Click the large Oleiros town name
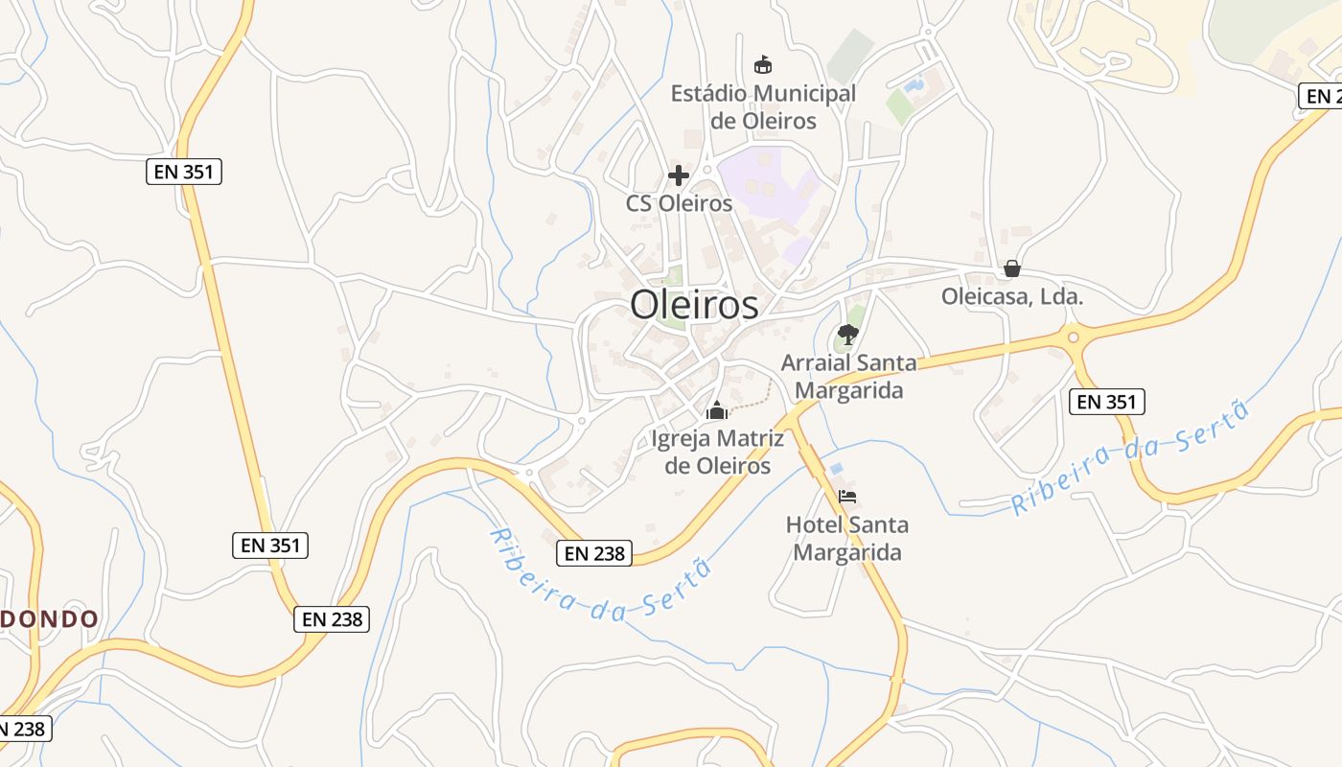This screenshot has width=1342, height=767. (x=694, y=305)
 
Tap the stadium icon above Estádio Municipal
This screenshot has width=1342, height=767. (x=762, y=65)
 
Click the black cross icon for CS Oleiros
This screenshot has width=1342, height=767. (x=679, y=175)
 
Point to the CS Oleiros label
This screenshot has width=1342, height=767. (x=679, y=203)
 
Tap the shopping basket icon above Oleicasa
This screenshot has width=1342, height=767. (x=1011, y=268)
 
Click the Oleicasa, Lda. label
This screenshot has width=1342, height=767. (x=1012, y=297)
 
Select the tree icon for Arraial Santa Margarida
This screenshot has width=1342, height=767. (x=846, y=335)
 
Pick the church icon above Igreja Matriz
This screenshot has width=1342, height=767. (x=717, y=411)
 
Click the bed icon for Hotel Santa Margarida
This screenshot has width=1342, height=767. (x=846, y=497)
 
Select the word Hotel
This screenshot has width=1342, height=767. (x=813, y=524)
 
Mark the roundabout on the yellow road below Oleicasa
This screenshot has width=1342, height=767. (x=1073, y=337)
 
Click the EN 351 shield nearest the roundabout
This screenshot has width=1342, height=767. (x=1107, y=402)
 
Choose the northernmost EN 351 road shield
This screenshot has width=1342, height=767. (x=184, y=173)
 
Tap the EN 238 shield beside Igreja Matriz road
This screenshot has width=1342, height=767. (x=594, y=552)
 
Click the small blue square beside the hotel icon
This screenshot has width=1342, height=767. (x=837, y=469)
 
